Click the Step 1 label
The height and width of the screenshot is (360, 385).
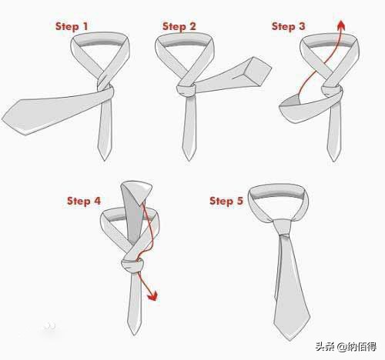72,26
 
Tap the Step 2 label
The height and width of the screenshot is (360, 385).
179,26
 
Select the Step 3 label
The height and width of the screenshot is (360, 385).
289,26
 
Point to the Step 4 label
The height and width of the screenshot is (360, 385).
84,201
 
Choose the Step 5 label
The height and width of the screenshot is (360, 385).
226,201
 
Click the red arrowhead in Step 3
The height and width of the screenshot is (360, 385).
341,25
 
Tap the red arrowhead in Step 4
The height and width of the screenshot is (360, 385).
153,295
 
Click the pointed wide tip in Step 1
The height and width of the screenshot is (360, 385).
2,119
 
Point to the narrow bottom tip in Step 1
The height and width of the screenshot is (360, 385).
105,160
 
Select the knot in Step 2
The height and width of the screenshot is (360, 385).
186,90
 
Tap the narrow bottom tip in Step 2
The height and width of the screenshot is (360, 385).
189,160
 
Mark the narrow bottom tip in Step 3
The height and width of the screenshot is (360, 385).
334,161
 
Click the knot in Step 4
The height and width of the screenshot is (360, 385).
132,266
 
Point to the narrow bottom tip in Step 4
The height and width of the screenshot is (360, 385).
134,335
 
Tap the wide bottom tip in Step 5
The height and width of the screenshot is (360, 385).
290,341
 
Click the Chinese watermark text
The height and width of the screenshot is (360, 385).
346,347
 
